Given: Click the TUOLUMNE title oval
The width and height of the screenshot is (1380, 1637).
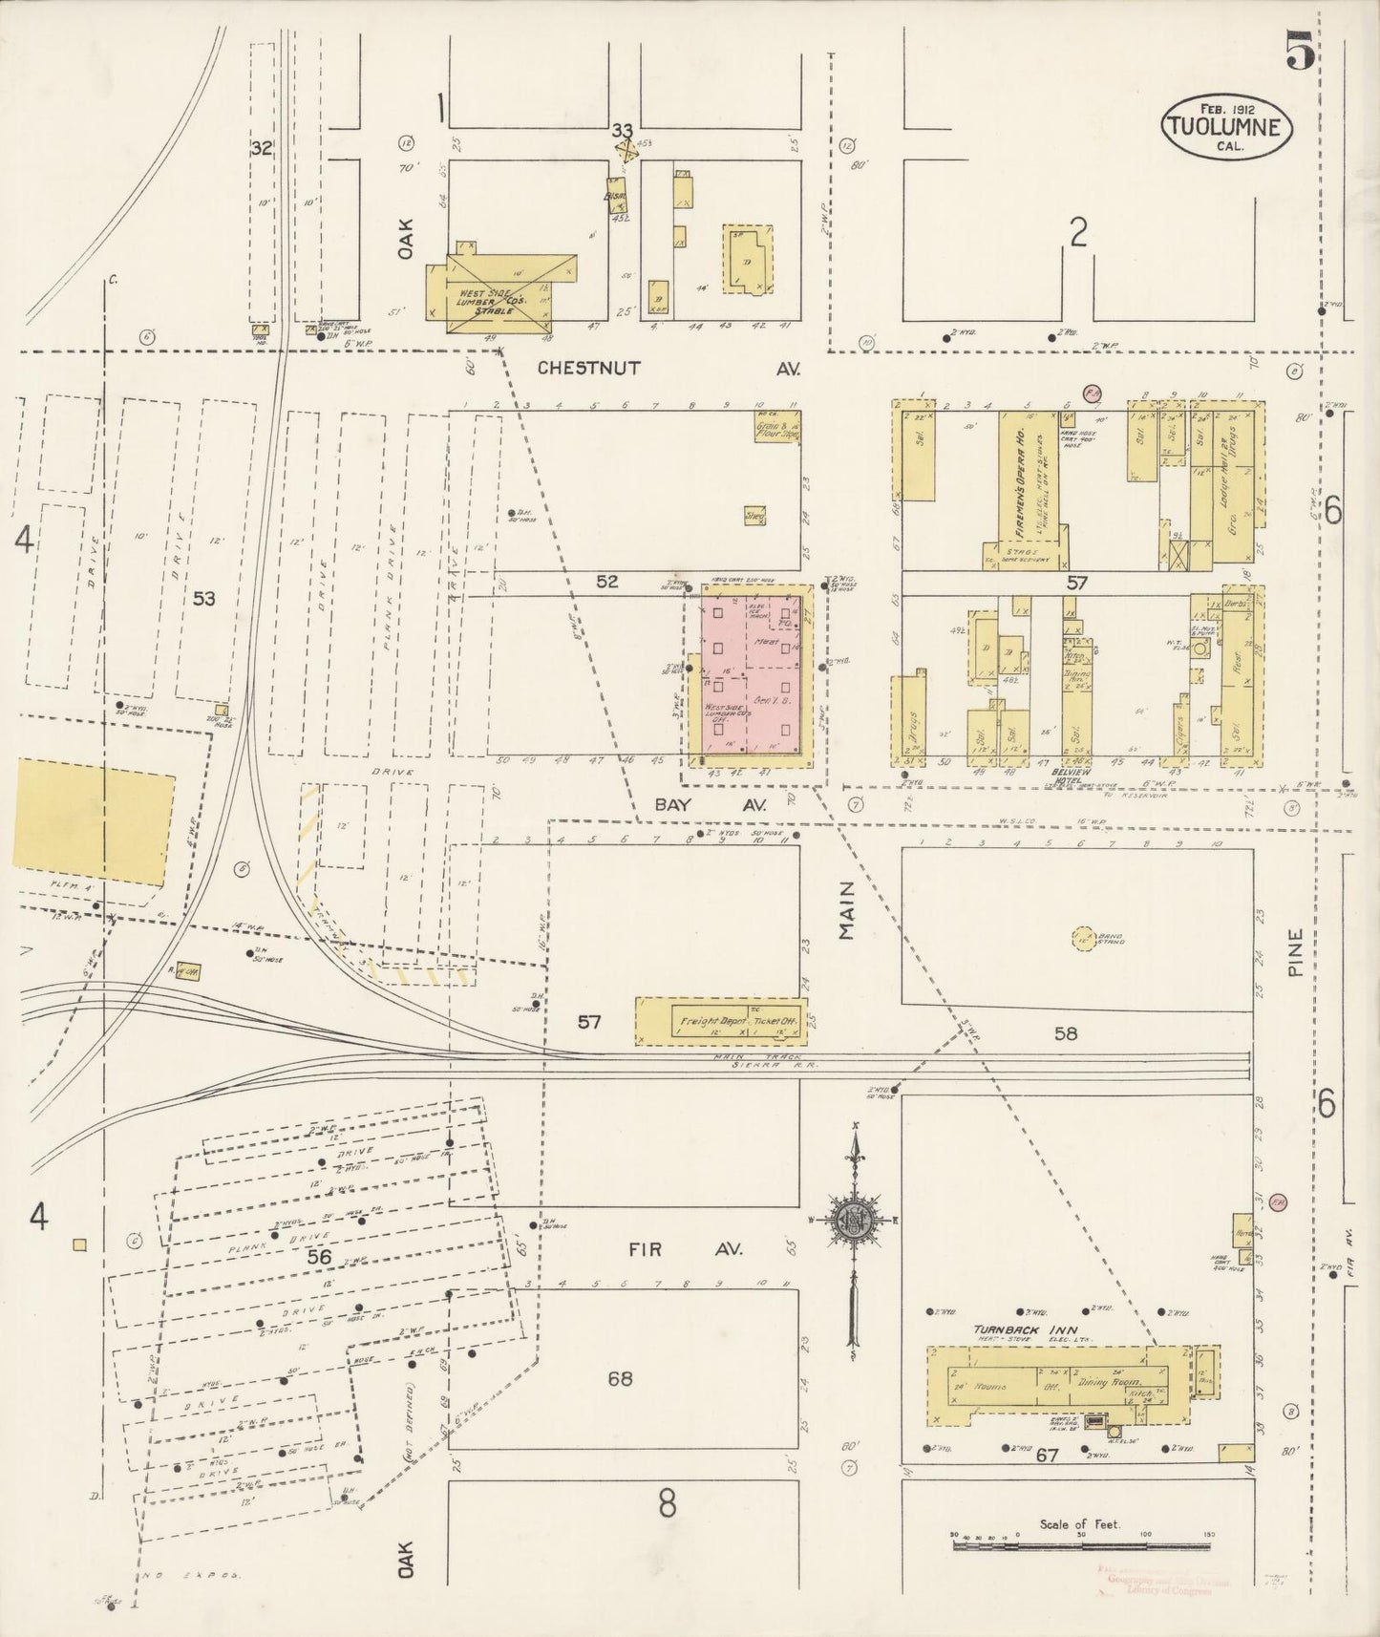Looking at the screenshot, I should (1226, 124).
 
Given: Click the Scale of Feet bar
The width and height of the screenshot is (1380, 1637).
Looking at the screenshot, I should (1081, 1535).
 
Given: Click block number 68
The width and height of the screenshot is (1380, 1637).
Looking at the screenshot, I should (620, 1378).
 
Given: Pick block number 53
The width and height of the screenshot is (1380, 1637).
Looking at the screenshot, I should (203, 599).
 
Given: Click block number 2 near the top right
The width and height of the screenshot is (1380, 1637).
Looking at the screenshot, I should (1078, 232).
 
